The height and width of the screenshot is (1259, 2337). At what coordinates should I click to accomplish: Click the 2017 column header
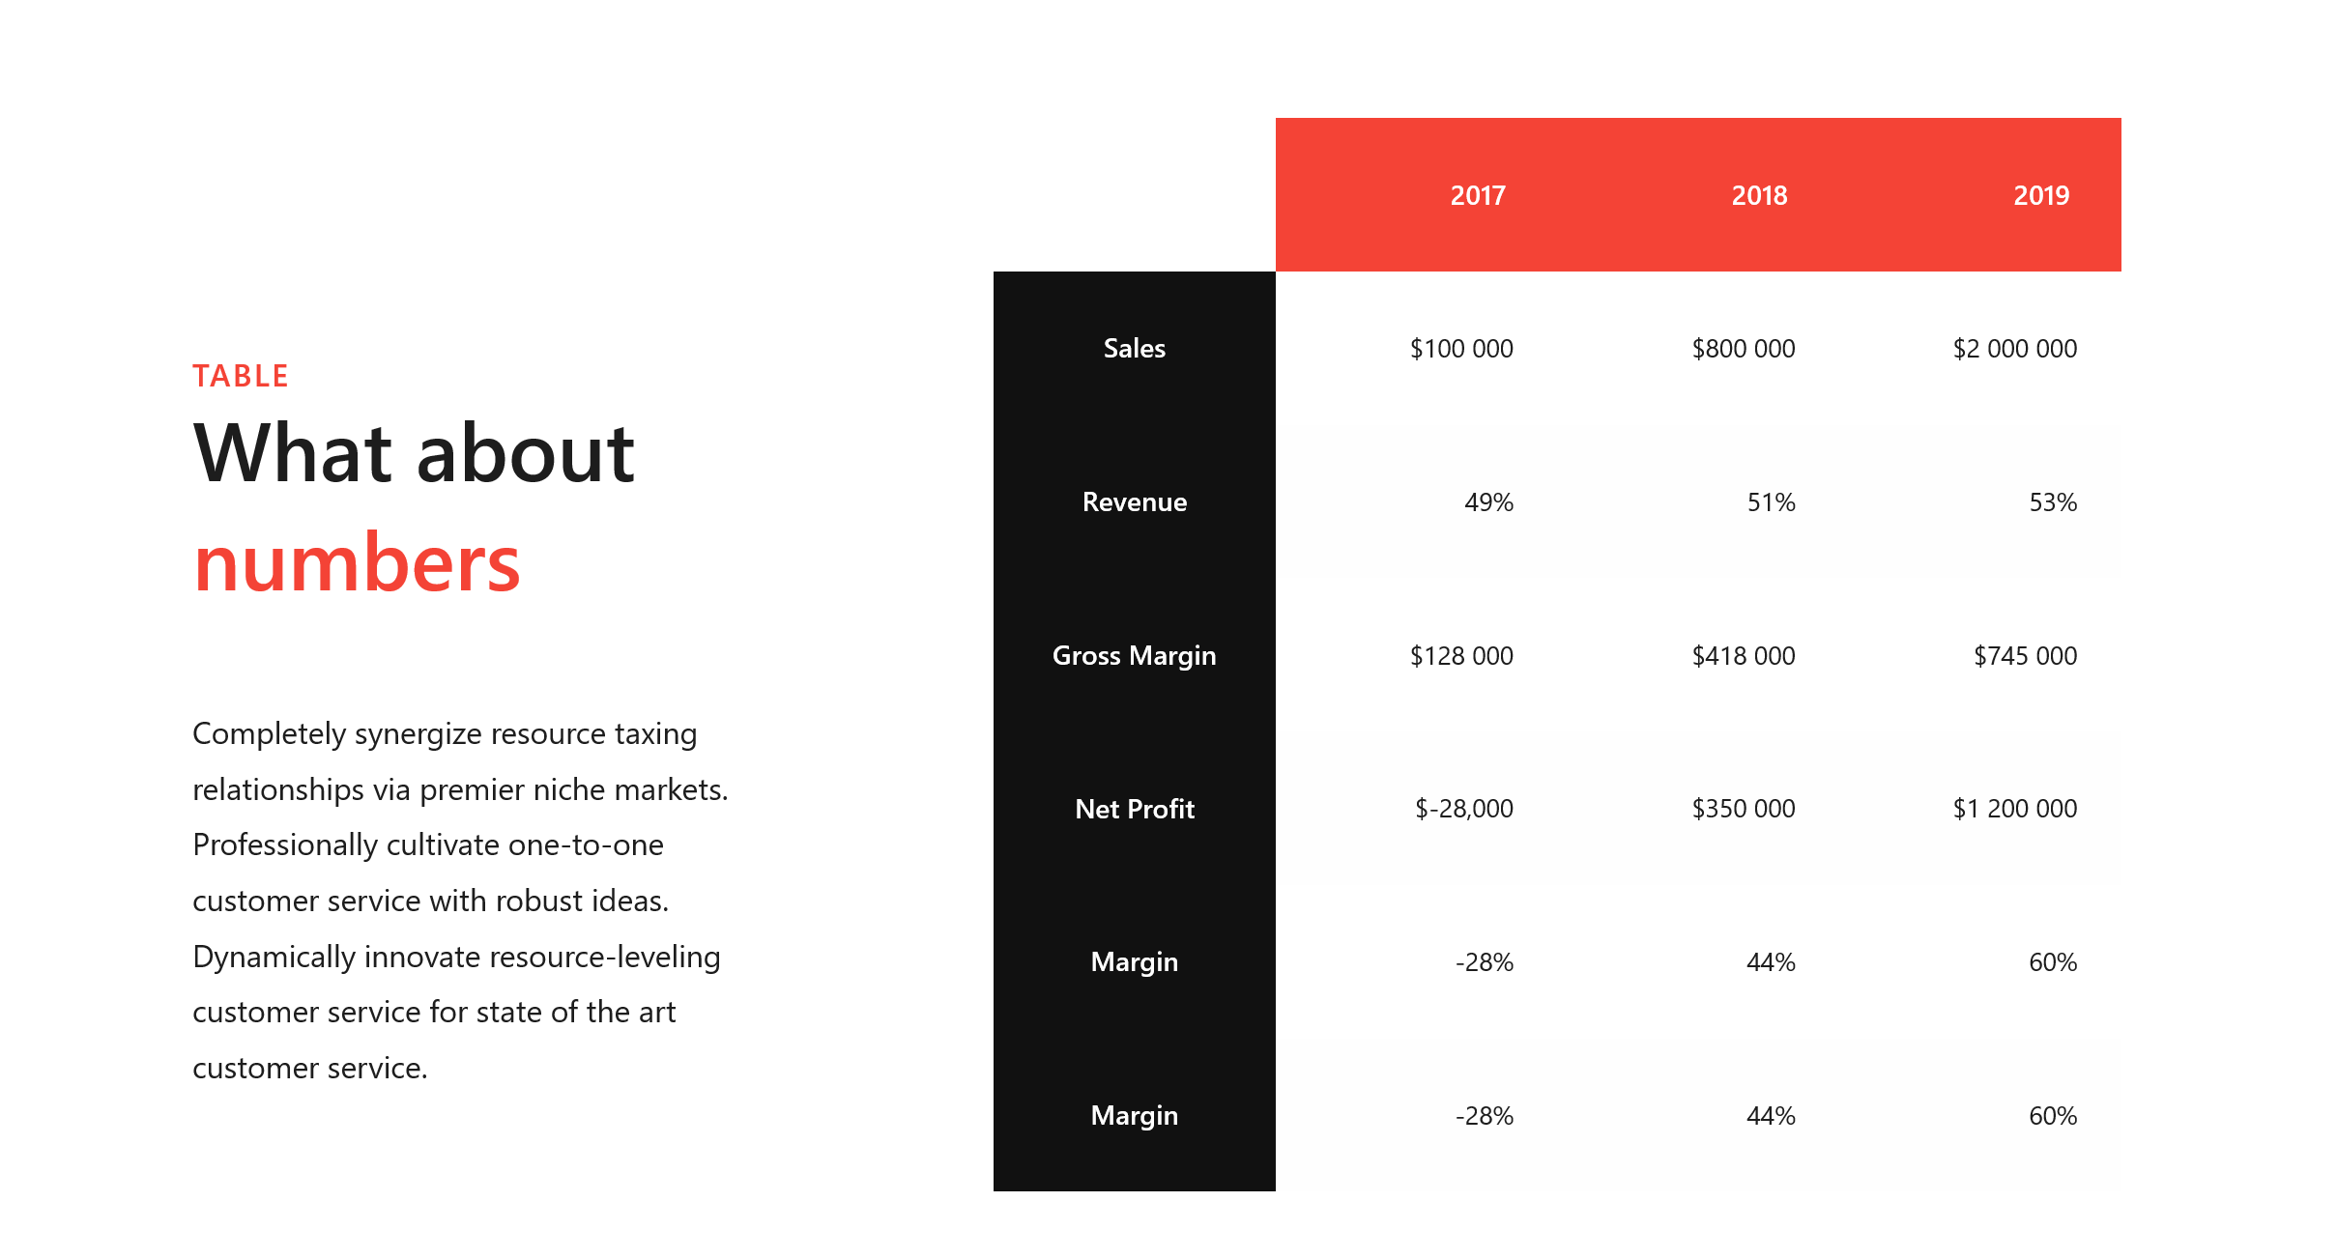pyautogui.click(x=1478, y=195)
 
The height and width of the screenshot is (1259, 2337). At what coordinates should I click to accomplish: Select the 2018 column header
pyautogui.click(x=1759, y=195)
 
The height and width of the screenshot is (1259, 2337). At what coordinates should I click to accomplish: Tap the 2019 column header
pyautogui.click(x=2041, y=195)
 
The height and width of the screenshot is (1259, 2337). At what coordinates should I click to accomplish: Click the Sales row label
pyautogui.click(x=1135, y=348)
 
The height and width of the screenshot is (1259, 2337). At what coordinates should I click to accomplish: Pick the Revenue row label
pyautogui.click(x=1135, y=501)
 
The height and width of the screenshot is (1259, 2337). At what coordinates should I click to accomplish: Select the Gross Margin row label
pyautogui.click(x=1135, y=655)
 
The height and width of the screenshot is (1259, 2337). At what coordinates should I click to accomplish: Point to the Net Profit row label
pyautogui.click(x=1135, y=809)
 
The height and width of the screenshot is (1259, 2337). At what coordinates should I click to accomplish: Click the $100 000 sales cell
pyautogui.click(x=1461, y=348)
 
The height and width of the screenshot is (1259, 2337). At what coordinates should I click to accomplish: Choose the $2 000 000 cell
pyautogui.click(x=2015, y=348)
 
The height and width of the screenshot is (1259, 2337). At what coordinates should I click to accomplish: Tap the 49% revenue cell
pyautogui.click(x=1489, y=501)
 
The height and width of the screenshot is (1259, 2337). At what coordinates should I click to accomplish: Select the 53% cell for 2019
pyautogui.click(x=2053, y=501)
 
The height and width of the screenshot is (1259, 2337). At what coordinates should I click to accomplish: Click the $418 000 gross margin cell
pyautogui.click(x=1744, y=655)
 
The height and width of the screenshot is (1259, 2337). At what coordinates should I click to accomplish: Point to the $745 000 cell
pyautogui.click(x=2026, y=655)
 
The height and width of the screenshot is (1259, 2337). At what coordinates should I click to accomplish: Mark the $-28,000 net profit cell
pyautogui.click(x=1464, y=809)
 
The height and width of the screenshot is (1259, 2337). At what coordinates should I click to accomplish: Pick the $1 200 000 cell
pyautogui.click(x=2015, y=809)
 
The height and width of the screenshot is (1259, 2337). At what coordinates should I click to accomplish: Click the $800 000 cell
pyautogui.click(x=1744, y=348)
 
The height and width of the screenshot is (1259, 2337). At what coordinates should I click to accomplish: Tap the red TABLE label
pyautogui.click(x=241, y=376)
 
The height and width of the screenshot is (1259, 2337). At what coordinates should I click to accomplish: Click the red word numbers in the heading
pyautogui.click(x=357, y=564)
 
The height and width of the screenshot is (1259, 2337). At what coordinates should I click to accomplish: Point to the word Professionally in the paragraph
pyautogui.click(x=285, y=845)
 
